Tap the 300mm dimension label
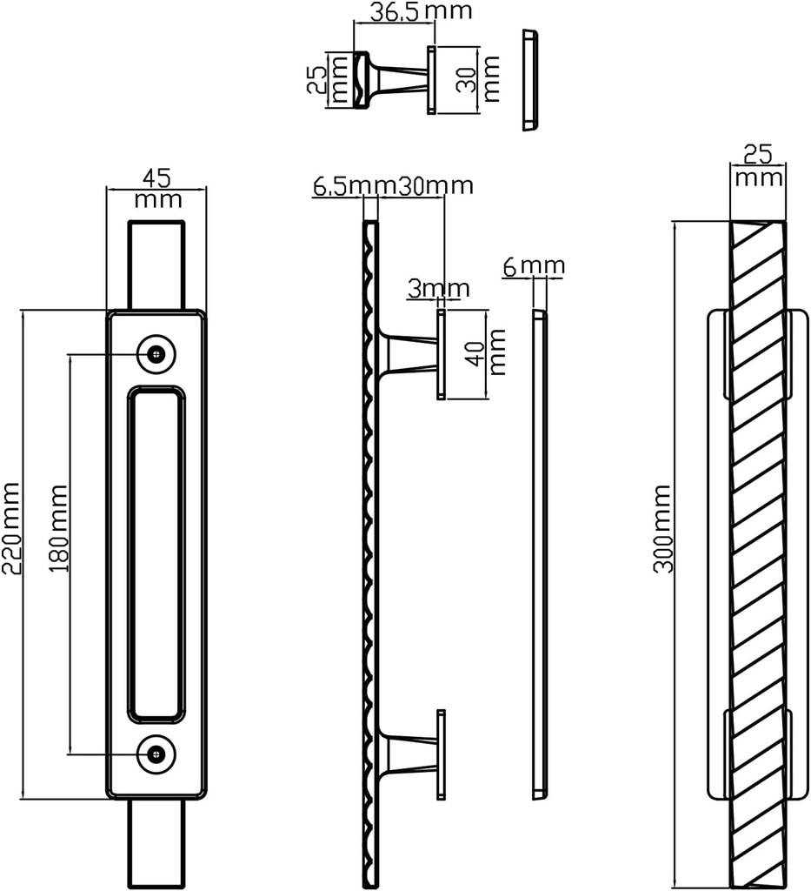(663, 529)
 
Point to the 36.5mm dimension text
(409, 12)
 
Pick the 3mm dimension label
(438, 288)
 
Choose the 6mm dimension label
(534, 265)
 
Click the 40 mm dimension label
(486, 352)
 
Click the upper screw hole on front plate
(156, 353)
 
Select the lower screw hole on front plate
(156, 754)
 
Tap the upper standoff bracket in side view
(413, 354)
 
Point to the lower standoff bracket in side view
(413, 754)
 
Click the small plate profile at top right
(529, 80)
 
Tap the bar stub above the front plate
(156, 265)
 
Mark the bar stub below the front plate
(156, 843)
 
